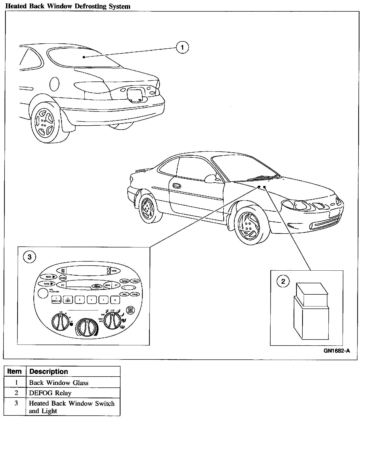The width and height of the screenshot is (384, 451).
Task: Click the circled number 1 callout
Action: [x=182, y=47]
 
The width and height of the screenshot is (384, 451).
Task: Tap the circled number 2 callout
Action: [x=283, y=281]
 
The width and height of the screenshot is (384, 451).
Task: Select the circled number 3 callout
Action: [x=30, y=257]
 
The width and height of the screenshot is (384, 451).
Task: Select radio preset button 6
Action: [x=115, y=300]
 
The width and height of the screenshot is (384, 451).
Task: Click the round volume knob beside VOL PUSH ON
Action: [x=43, y=293]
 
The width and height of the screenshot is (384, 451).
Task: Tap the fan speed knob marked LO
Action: [x=60, y=323]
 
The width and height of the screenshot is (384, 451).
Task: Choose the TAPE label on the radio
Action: [x=114, y=271]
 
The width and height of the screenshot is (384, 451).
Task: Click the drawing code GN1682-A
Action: [x=337, y=351]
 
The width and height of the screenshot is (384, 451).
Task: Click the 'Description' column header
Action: [x=49, y=372]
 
